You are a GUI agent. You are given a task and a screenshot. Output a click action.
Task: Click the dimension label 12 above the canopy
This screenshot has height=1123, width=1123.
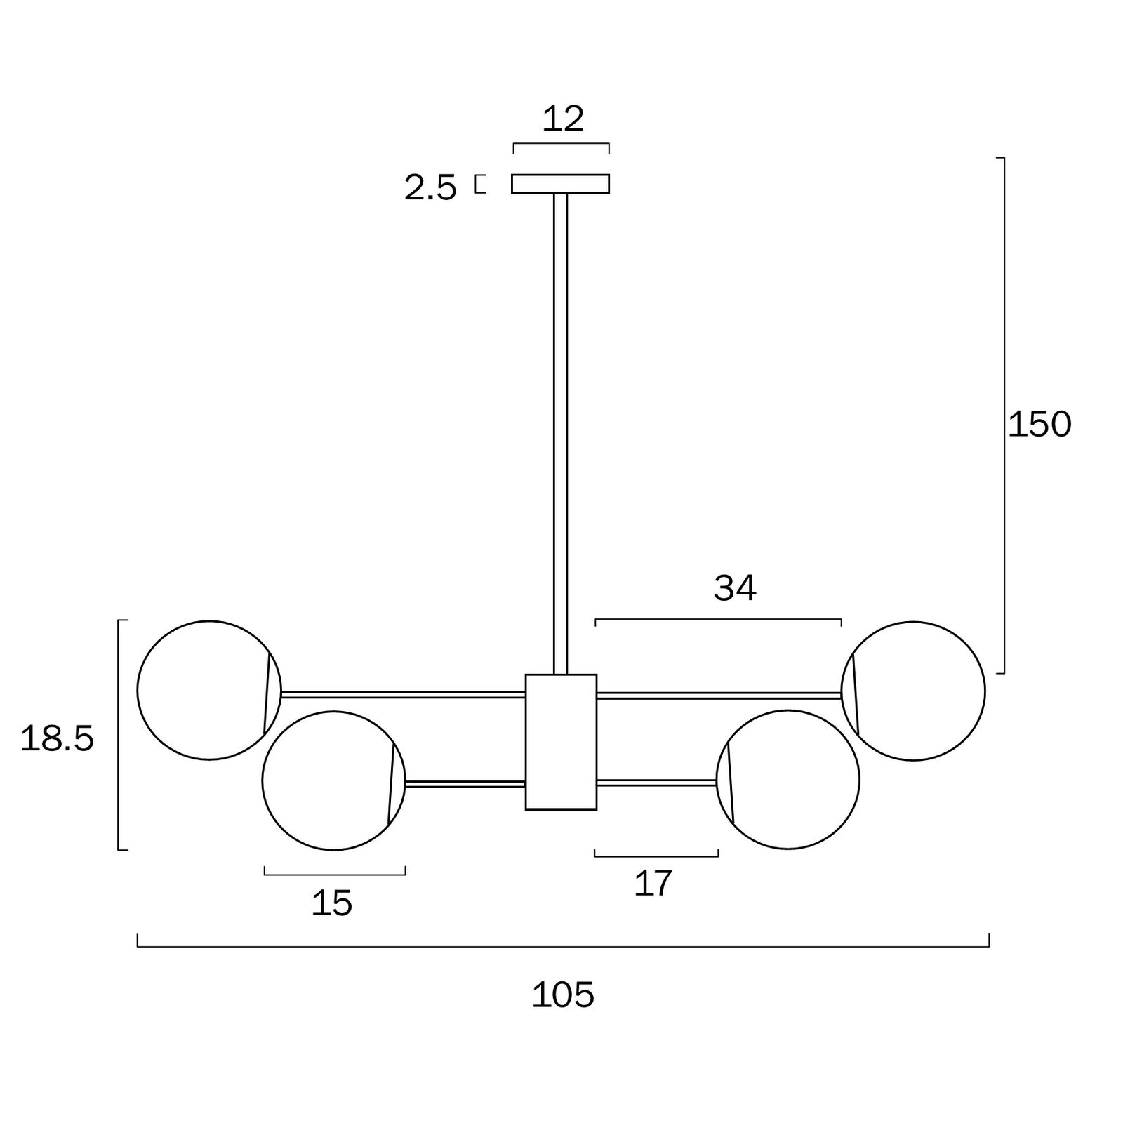(x=563, y=119)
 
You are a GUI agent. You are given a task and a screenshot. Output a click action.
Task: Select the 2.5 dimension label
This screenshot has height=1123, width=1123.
(x=430, y=188)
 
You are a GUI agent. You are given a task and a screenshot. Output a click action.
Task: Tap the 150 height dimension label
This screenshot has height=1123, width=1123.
(x=1039, y=424)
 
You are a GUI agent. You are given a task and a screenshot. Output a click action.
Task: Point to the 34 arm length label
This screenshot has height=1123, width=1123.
(x=735, y=588)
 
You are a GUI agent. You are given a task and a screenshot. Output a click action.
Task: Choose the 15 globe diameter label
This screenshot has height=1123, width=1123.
(x=331, y=903)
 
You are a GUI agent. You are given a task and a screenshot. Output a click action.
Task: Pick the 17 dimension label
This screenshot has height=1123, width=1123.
(x=653, y=883)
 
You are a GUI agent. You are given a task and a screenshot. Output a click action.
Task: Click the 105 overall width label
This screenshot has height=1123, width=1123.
(x=563, y=995)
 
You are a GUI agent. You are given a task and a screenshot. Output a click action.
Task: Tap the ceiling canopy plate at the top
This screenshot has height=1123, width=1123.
(x=560, y=184)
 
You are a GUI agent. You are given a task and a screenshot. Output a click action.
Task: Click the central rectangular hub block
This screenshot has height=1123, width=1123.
(x=561, y=742)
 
